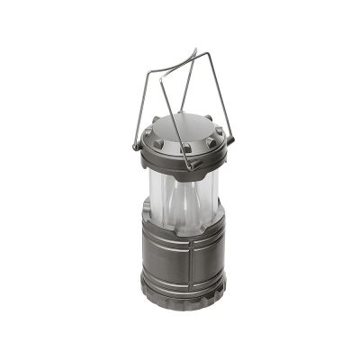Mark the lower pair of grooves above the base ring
click(183, 270)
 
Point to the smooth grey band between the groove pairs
click(183, 256)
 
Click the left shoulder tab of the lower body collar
click(147, 216)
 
